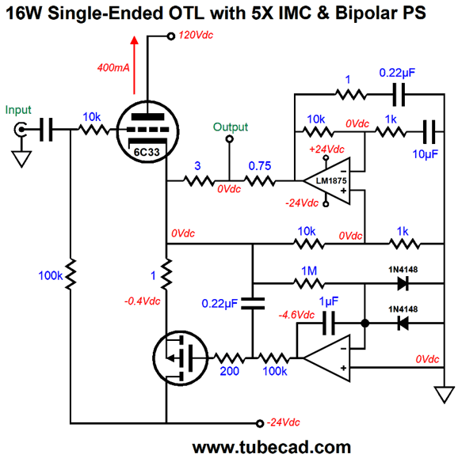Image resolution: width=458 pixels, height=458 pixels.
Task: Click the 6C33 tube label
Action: coord(147,152)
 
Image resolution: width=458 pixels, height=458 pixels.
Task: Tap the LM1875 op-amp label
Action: coord(331,181)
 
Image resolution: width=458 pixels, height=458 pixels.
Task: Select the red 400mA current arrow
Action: coord(135,65)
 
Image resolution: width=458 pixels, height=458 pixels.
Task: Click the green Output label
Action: coord(231,127)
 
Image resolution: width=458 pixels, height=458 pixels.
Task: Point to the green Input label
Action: coord(18,110)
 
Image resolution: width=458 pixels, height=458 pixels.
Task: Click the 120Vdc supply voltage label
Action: coord(196,36)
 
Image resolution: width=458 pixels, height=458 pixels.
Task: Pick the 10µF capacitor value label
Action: coord(425,154)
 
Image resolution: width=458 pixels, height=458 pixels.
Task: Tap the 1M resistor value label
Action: coord(309,271)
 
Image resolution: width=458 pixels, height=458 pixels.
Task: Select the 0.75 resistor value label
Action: coord(260,166)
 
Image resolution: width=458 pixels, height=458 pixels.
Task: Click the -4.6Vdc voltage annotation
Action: coord(296,315)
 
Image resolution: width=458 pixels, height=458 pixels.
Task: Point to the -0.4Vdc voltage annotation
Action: coord(142,301)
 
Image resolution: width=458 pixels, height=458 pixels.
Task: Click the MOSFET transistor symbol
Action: coord(181,358)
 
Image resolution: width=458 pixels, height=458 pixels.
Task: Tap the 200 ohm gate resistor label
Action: coord(230,371)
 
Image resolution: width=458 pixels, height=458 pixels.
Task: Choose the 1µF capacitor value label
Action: coord(329,301)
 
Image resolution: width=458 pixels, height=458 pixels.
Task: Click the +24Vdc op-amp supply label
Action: coord(326,150)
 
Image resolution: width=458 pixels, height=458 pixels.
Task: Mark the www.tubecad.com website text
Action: coord(271,447)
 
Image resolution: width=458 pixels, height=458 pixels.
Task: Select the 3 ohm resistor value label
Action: coord(197,166)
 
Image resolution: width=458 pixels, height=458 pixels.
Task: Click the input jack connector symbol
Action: coord(21,130)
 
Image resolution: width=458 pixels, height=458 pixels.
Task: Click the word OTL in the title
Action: coord(185,13)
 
